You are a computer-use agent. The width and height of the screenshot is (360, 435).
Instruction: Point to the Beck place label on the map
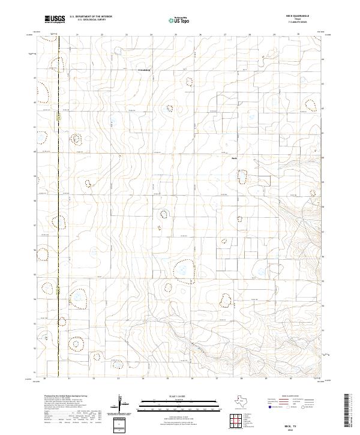pyautogui.click(x=235, y=158)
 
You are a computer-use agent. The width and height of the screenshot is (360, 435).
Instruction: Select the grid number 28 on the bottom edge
pyautogui.click(x=241, y=379)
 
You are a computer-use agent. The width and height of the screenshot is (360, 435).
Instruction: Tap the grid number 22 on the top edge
pyautogui.click(x=102, y=35)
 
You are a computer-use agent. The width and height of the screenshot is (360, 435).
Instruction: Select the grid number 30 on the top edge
pyautogui.click(x=299, y=35)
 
